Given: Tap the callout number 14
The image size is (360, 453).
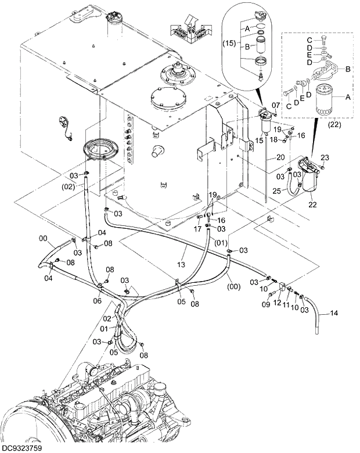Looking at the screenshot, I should point(333,314).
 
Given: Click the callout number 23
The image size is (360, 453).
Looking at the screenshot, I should point(325,157).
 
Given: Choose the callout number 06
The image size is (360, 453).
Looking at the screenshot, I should point(98,301).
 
